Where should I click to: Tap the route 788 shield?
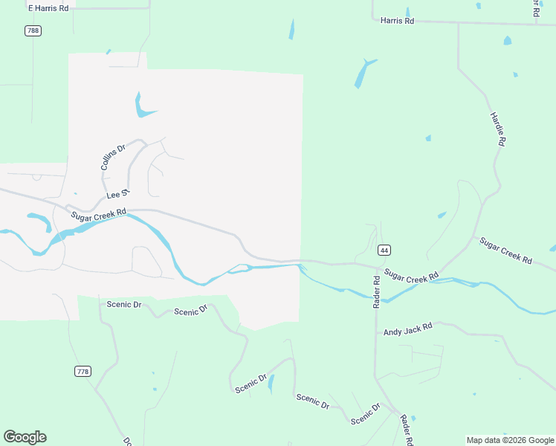(33, 30)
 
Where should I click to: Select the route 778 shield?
(83, 371)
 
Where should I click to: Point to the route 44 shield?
(384, 250)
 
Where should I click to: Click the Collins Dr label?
(113, 158)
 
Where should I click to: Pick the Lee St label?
(118, 195)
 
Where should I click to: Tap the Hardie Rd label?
(498, 129)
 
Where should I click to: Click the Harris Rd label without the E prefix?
(397, 22)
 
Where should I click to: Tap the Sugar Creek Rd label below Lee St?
(100, 216)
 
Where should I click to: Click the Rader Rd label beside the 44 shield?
(376, 291)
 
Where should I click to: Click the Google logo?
(25, 437)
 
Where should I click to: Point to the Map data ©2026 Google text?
(510, 440)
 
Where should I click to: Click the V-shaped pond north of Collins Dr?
(141, 107)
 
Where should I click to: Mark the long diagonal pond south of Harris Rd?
(364, 73)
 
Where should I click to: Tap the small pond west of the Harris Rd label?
(291, 30)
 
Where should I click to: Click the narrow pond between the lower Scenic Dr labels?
(271, 384)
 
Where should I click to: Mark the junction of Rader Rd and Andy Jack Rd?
(376, 332)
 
